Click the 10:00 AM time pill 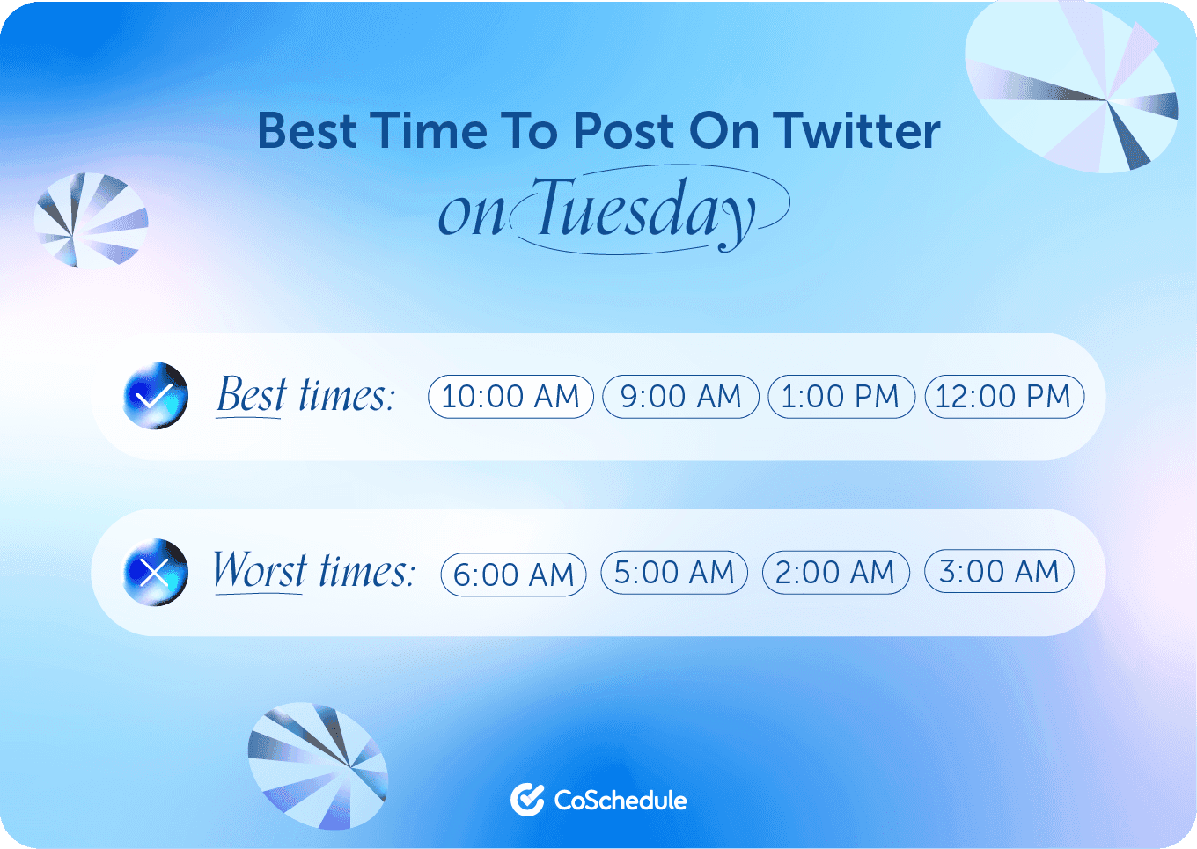point(510,397)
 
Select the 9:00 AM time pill point(680,397)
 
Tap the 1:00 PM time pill point(841,397)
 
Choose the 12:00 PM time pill point(1004,397)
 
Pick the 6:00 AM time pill point(513,575)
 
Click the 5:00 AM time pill point(674,573)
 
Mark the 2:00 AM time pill point(835,573)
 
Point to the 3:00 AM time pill point(999,572)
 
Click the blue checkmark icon point(155,396)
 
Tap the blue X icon point(155,573)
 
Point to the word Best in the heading point(307,131)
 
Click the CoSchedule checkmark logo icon point(527,799)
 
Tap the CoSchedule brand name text point(621,801)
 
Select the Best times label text point(305,395)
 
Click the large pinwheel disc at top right point(1072,86)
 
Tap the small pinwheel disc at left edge point(91,220)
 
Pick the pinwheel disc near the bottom point(318,766)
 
